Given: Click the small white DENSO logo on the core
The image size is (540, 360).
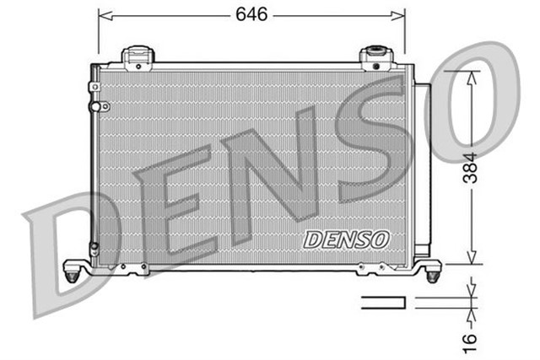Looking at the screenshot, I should pos(347,239).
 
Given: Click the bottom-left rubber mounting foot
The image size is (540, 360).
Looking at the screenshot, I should pos(75,273).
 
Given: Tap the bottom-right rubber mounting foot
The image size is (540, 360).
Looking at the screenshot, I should pos(433,274).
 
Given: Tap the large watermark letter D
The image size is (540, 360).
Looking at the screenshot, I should pos(67,253).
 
